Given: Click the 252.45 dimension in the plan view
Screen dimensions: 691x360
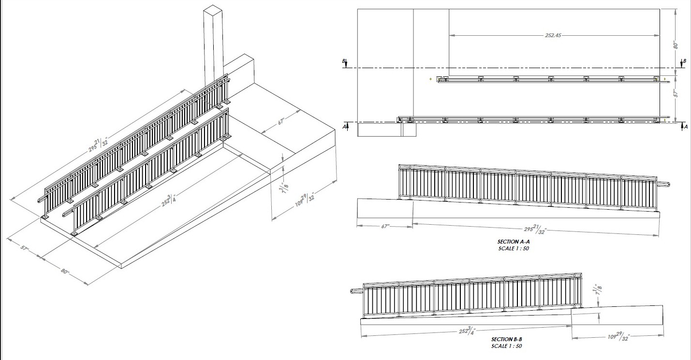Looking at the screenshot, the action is [x=553, y=35].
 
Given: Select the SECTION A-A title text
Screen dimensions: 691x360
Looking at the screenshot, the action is [x=514, y=242].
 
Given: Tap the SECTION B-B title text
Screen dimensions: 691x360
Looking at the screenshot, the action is [x=507, y=339].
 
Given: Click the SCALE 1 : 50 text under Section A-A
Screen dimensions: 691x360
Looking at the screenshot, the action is [x=514, y=248].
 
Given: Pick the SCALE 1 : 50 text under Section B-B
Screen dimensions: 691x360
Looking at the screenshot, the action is [x=507, y=346].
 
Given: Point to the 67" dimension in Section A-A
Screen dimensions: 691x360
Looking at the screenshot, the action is [x=385, y=226].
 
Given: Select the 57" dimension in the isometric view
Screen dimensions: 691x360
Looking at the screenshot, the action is [x=24, y=248].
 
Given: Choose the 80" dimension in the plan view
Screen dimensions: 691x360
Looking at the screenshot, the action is [x=675, y=45].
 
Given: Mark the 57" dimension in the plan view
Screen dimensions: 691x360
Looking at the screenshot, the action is [x=675, y=93].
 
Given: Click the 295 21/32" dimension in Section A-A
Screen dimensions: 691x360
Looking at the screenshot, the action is [x=535, y=230].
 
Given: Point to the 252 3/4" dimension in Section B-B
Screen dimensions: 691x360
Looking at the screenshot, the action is [x=467, y=331].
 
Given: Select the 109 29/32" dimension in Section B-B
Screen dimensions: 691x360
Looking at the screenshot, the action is [x=618, y=336].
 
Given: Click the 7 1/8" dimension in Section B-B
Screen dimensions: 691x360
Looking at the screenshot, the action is [x=599, y=289].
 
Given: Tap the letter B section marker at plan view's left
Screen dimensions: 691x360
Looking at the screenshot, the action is [x=344, y=61].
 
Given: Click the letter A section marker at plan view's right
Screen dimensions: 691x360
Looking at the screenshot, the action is [x=686, y=127].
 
